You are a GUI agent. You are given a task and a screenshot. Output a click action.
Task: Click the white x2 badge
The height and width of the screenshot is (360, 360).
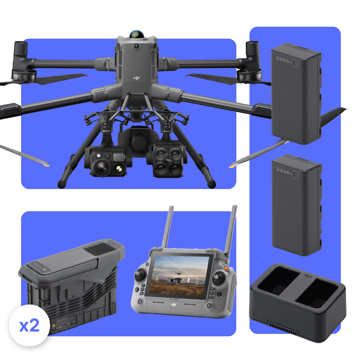29,325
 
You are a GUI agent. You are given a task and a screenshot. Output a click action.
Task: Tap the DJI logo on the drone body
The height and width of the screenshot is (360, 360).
137,78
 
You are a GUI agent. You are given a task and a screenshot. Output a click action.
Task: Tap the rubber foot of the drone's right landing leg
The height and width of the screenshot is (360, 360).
211,183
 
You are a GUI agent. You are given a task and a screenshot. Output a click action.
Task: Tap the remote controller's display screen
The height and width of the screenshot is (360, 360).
180,275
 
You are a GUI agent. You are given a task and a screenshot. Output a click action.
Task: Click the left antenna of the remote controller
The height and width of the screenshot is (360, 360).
167,226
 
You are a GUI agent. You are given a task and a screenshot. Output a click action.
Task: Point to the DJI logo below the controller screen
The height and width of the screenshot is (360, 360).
174,304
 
